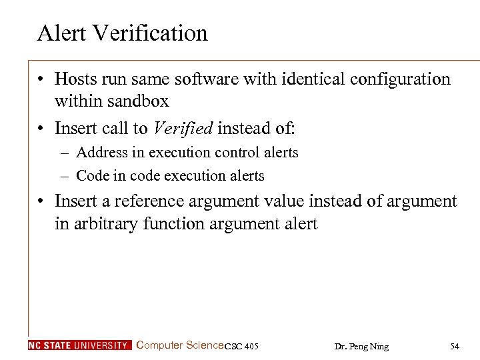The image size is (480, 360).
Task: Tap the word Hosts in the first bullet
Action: pyautogui.click(x=76, y=79)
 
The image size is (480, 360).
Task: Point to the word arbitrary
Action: pyautogui.click(x=107, y=223)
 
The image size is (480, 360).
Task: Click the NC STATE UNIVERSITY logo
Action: pyautogui.click(x=80, y=345)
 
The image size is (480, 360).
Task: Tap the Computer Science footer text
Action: pyautogui.click(x=180, y=345)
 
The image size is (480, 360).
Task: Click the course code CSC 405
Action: pyautogui.click(x=241, y=346)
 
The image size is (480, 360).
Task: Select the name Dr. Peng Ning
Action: pyautogui.click(x=361, y=346)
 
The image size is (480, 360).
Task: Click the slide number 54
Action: pyautogui.click(x=455, y=346)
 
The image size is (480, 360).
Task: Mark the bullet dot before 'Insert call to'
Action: pyautogui.click(x=41, y=127)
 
